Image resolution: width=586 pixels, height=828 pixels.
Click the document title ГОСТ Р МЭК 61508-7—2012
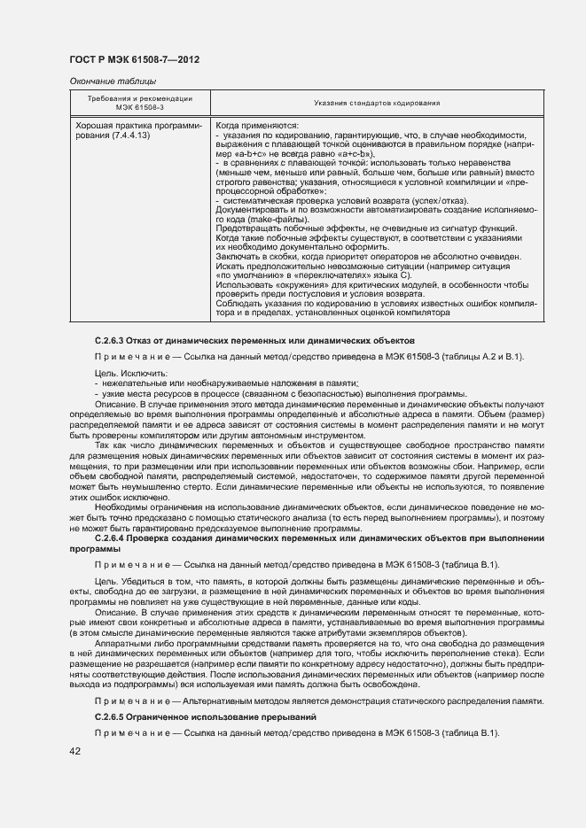click(x=133, y=59)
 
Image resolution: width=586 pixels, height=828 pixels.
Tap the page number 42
click(x=75, y=751)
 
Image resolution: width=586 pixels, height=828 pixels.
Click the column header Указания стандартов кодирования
click(x=377, y=104)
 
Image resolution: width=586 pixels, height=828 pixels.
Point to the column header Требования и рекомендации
click(x=139, y=97)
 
